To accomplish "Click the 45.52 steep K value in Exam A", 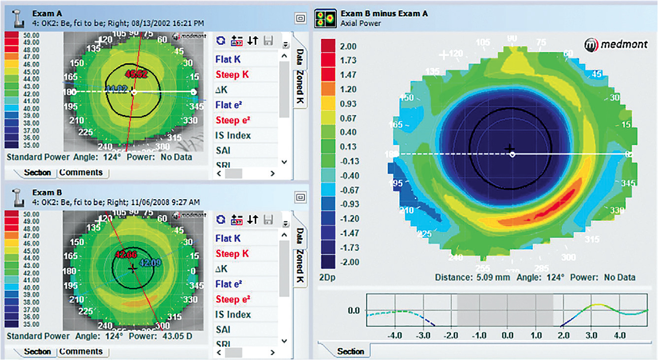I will pyautogui.click(x=136, y=74).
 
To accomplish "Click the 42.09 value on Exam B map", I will pyautogui.click(x=150, y=263).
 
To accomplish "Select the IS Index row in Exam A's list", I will pyautogui.click(x=233, y=135).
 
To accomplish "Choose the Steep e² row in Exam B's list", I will pyautogui.click(x=233, y=300).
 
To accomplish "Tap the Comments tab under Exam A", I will pyautogui.click(x=81, y=173).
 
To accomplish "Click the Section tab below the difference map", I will pyautogui.click(x=351, y=351).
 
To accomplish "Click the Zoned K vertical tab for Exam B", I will pyautogui.click(x=299, y=268).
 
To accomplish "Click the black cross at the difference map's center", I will pyautogui.click(x=509, y=148).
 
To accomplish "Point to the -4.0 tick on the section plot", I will pyautogui.click(x=395, y=335).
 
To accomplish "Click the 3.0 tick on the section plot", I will pyautogui.click(x=592, y=335).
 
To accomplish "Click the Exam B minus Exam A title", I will pyautogui.click(x=384, y=13).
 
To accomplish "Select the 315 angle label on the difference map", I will pyautogui.click(x=592, y=239).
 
